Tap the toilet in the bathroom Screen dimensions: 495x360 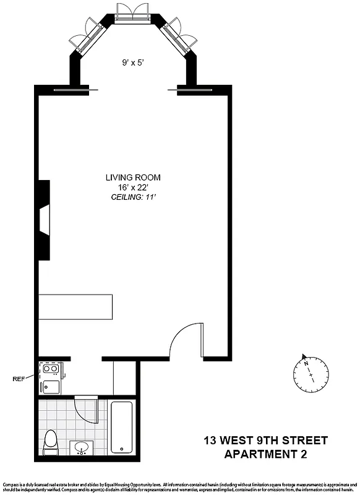click(x=51, y=441)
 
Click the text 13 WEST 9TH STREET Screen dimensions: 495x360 click(x=266, y=441)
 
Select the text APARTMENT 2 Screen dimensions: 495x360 click(x=266, y=455)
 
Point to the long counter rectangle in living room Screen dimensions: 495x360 click(x=77, y=306)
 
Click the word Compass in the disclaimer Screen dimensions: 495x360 click(x=12, y=483)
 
